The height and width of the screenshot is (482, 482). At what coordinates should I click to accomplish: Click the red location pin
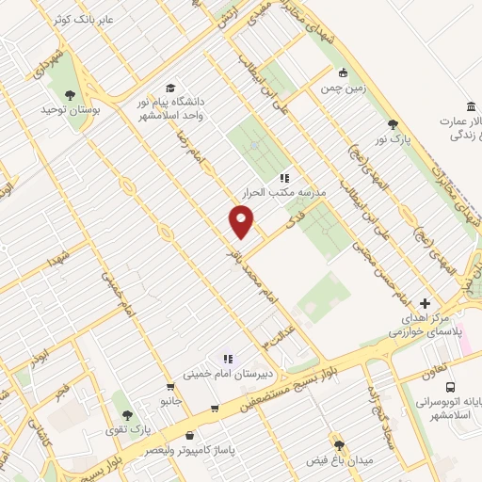pyautogui.click(x=241, y=221)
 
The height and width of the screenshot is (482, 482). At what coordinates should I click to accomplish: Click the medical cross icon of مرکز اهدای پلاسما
pyautogui.click(x=426, y=304)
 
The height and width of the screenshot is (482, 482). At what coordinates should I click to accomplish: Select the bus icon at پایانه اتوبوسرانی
pyautogui.click(x=451, y=386)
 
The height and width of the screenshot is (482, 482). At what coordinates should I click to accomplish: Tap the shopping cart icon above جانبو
pyautogui.click(x=169, y=386)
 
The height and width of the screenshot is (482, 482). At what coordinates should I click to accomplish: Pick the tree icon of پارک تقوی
pyautogui.click(x=129, y=414)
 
